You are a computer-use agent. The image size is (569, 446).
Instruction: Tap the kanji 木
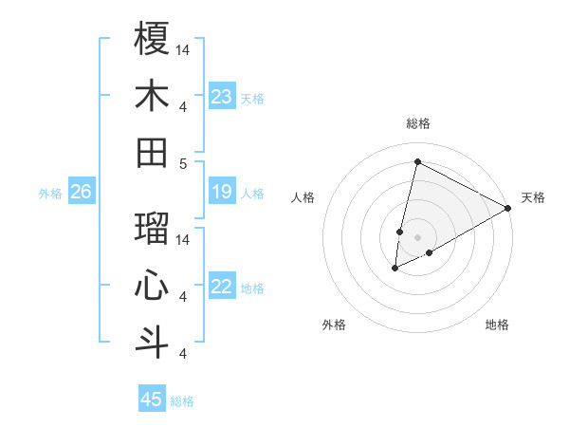click(152, 96)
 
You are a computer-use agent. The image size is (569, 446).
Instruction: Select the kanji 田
click(152, 153)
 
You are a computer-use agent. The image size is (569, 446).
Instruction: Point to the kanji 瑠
click(152, 229)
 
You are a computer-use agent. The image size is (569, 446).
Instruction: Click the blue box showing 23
click(222, 97)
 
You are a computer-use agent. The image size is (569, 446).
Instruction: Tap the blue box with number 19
click(222, 193)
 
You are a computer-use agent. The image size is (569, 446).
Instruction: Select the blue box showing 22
click(222, 288)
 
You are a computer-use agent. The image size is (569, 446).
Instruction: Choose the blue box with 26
click(82, 193)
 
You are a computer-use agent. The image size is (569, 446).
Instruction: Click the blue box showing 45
click(152, 400)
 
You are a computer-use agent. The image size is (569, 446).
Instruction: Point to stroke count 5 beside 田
click(182, 163)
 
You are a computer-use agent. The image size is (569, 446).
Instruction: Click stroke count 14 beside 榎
click(184, 48)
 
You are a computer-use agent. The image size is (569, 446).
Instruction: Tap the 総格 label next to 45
click(182, 401)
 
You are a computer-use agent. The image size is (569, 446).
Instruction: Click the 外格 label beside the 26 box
click(50, 194)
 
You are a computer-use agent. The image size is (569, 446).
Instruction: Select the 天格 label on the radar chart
click(533, 197)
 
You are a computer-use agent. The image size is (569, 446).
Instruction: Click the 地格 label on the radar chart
click(497, 325)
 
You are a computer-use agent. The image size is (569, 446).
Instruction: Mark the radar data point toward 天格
click(509, 208)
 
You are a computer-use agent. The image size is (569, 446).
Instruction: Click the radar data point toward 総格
click(417, 161)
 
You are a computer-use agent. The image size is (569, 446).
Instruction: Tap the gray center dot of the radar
click(417, 236)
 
